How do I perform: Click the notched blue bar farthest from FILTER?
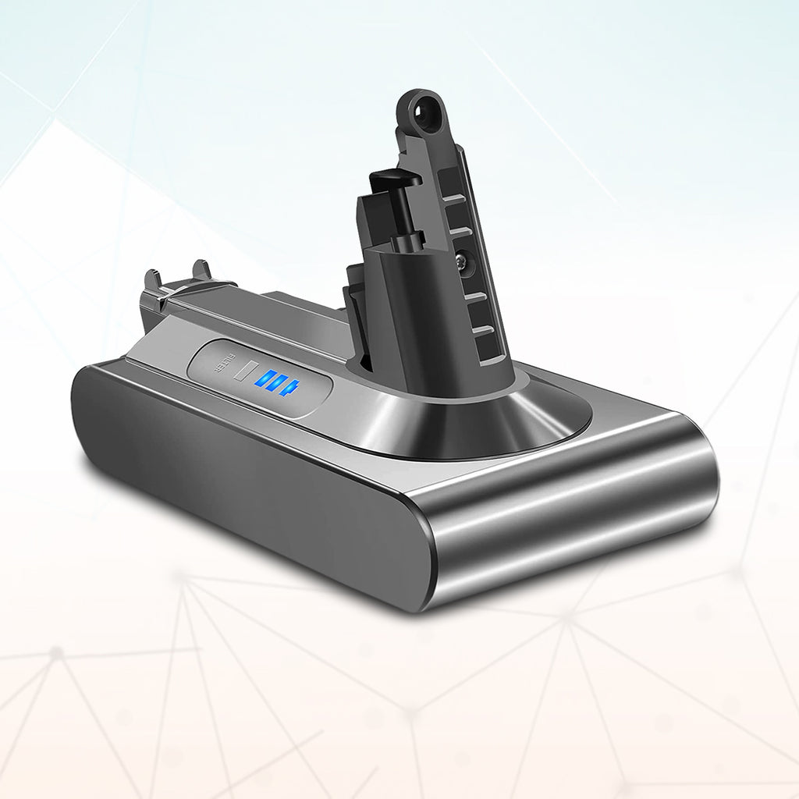(x=290, y=387)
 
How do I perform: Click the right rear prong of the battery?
(x=201, y=271)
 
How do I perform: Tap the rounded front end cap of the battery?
(x=570, y=515)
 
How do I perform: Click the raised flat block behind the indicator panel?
(x=297, y=308)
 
